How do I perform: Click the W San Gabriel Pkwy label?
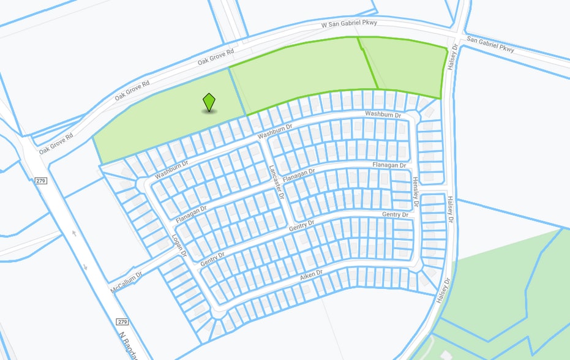click(x=349, y=23)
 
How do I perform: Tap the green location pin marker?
click(x=209, y=102)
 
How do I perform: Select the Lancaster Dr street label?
click(x=277, y=182)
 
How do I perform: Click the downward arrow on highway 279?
click(x=85, y=266)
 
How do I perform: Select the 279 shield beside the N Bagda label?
click(x=122, y=321)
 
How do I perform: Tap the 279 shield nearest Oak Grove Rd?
click(x=41, y=181)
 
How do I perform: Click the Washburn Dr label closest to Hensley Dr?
click(x=383, y=114)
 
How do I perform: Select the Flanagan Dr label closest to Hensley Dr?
click(x=389, y=165)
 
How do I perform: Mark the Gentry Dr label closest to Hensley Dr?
click(x=395, y=214)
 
